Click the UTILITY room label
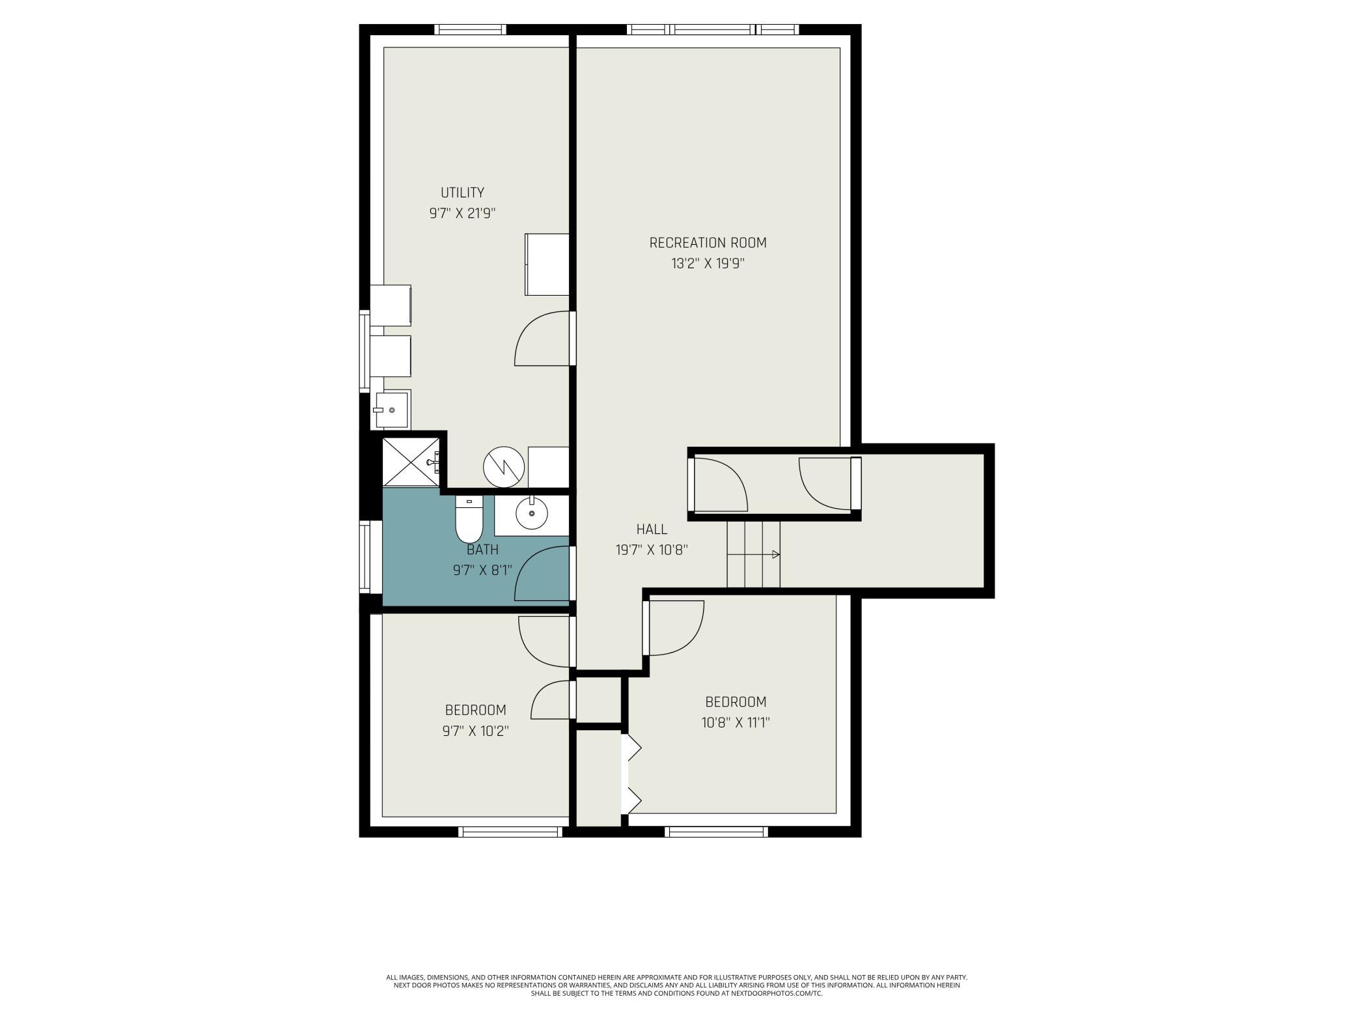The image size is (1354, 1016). tap(462, 193)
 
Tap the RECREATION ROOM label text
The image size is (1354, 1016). tap(708, 243)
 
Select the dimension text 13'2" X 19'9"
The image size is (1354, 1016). tap(708, 264)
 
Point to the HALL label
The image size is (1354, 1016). tap(652, 529)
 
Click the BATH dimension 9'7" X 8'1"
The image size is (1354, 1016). tap(482, 571)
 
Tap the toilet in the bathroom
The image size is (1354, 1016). tap(469, 519)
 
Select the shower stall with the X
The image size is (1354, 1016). tap(411, 462)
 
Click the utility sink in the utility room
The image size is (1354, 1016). tap(391, 410)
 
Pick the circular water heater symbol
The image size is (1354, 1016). tap(504, 466)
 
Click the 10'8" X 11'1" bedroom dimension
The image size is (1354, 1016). tap(736, 723)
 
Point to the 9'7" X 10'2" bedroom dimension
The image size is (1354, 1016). tap(475, 731)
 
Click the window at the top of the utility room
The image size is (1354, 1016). tap(470, 29)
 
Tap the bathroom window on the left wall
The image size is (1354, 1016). tap(365, 557)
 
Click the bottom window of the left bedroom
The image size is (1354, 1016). tap(510, 832)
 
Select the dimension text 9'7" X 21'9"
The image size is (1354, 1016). tap(462, 214)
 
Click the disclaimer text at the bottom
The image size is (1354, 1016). tap(677, 985)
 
